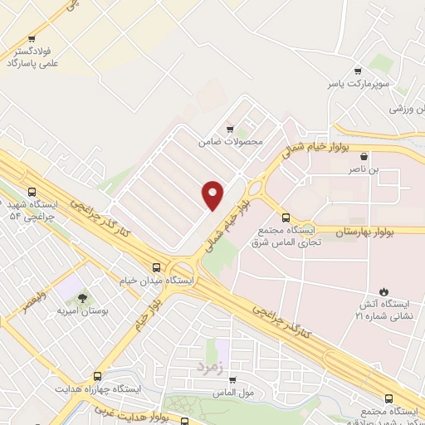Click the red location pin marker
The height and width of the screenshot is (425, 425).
(212, 194)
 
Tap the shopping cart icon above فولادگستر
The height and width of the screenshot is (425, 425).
(32, 38)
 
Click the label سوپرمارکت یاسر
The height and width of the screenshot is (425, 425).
(357, 85)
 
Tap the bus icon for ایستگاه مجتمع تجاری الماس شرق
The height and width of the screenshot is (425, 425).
(286, 217)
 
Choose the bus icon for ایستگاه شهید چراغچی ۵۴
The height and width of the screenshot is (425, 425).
(32, 191)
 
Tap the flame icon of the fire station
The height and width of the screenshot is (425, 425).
(383, 291)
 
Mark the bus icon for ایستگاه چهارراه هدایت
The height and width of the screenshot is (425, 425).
(98, 376)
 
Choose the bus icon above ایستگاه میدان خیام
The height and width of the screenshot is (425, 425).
(157, 267)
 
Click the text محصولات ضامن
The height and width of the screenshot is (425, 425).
(230, 142)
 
